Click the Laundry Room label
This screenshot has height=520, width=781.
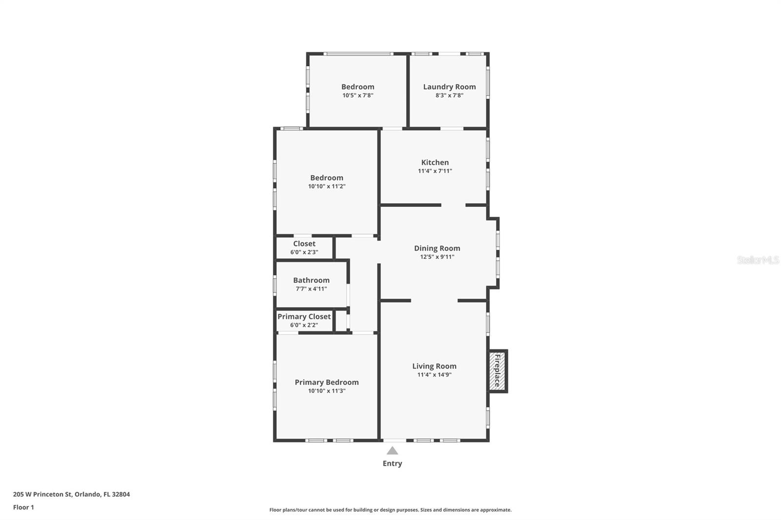click(x=449, y=87)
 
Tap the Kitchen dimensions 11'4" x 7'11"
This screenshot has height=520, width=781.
click(x=435, y=171)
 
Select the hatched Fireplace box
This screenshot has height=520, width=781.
click(x=497, y=371)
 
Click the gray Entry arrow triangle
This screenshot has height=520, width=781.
click(x=392, y=451)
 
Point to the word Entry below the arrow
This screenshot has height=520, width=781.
click(x=392, y=463)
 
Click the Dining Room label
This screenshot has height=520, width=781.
click(x=437, y=248)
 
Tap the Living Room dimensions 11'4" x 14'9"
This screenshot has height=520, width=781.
click(x=434, y=375)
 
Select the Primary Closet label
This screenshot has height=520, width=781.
click(x=304, y=317)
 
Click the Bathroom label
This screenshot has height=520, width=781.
click(x=311, y=280)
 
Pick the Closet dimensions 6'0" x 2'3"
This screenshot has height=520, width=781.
click(x=304, y=252)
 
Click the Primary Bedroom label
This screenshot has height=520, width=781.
click(x=327, y=382)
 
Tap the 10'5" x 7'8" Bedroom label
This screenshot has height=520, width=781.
click(x=358, y=87)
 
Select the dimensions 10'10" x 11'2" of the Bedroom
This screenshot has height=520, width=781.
click(x=327, y=186)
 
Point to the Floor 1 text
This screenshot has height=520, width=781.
click(x=23, y=507)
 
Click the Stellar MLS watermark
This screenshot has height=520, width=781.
click(x=758, y=260)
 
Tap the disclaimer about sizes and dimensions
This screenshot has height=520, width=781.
click(x=390, y=510)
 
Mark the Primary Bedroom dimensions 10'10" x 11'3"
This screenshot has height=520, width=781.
click(x=327, y=391)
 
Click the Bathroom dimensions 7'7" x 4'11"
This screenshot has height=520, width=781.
click(x=311, y=289)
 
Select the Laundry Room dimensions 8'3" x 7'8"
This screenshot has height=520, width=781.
click(x=449, y=96)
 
